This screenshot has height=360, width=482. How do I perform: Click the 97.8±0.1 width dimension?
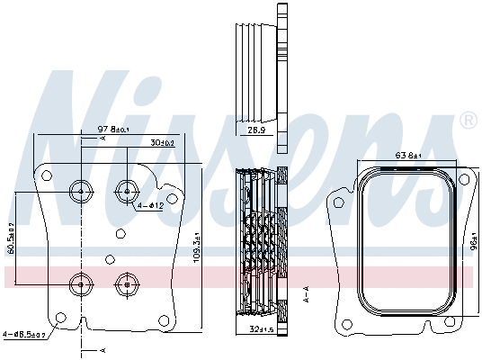coord(113,130)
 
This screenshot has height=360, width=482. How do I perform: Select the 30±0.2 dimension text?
coord(163,143)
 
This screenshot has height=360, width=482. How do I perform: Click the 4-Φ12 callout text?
coord(150,206)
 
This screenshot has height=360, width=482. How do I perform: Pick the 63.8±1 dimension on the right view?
coord(409,155)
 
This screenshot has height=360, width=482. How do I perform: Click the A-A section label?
coord(307,293)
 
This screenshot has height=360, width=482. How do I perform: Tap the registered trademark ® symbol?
coord(468,120)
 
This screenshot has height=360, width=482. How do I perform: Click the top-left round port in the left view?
coord(81,190)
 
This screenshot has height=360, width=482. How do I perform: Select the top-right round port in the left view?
coord(126,190)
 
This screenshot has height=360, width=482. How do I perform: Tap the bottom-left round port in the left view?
coord(81,284)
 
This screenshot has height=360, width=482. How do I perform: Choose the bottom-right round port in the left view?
coord(126,284)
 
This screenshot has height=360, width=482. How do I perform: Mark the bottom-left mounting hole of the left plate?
coord(59,317)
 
